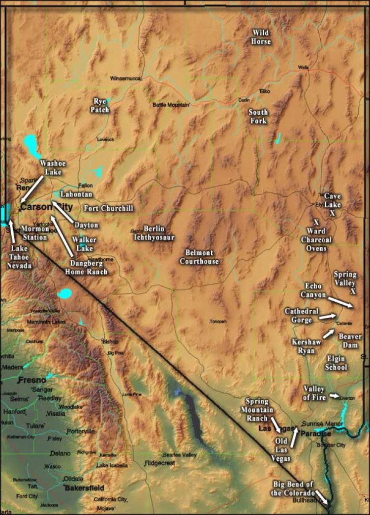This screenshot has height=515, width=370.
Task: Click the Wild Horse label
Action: pos(261,37)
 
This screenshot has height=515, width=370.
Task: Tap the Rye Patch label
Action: pos(100,105)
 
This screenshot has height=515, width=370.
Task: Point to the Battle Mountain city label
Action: pos(171,105)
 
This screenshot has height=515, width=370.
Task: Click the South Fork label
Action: pos(258,116)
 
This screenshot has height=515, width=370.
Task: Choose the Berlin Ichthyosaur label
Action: pos(154,233)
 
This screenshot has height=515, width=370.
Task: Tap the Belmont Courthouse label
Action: pos(199,257)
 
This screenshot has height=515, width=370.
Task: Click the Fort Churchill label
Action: pos(109,208)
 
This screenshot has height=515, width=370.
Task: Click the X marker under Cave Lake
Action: pos(332,213)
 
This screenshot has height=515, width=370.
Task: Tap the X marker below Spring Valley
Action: pos(353,292)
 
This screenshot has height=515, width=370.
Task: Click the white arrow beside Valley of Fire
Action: pos(334,395)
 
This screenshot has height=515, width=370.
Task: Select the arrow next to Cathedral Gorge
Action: pos(327,316)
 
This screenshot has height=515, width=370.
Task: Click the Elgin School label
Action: pos(336,363)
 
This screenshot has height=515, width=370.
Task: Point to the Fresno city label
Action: pos(32,380)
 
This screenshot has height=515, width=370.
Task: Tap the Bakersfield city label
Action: pos(84,488)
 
